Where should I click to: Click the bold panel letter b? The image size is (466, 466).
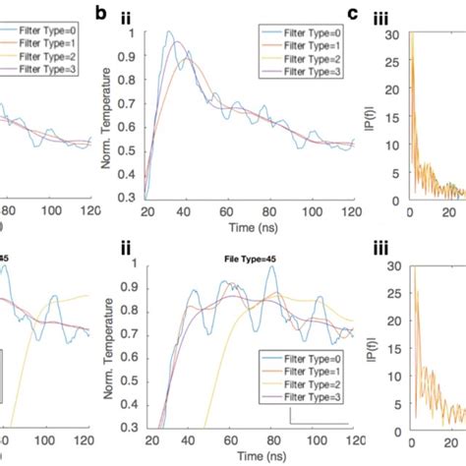tap(126, 13)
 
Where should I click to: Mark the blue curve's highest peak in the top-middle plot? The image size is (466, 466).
tap(169, 33)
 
